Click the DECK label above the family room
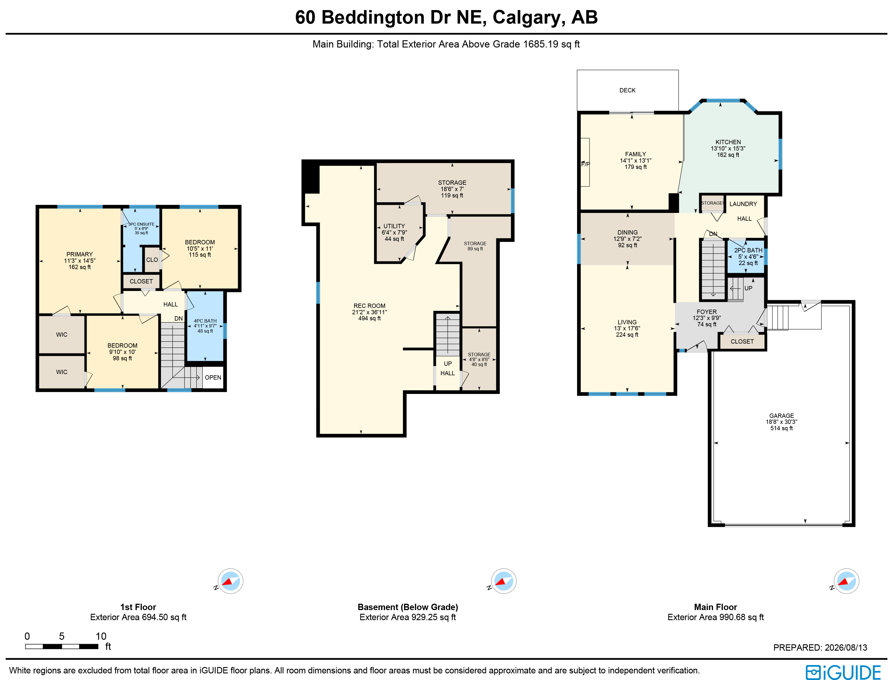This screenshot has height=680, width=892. coord(627,90)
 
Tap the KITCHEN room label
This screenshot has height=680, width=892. coord(728,142)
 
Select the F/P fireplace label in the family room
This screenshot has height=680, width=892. coord(585,164)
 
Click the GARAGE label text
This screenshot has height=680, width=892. coord(781,416)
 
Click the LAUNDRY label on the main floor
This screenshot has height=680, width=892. coord(743,204)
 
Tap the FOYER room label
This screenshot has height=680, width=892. coord(707,312)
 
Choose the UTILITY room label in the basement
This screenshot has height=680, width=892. coord(394,226)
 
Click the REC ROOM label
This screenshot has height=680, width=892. coord(369,306)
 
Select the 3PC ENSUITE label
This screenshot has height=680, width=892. coord(141,224)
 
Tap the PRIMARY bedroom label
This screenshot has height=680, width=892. coord(79,254)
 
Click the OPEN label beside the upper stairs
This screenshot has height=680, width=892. coord(213,378)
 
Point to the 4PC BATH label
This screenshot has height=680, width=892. coord(205,321)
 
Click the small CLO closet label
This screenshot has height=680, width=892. coord(152,260)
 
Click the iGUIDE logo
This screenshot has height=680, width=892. coord(843,672)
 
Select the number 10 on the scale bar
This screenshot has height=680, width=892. coord(101,636)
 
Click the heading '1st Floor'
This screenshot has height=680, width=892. coord(138,607)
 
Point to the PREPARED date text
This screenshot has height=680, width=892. coord(820,647)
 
